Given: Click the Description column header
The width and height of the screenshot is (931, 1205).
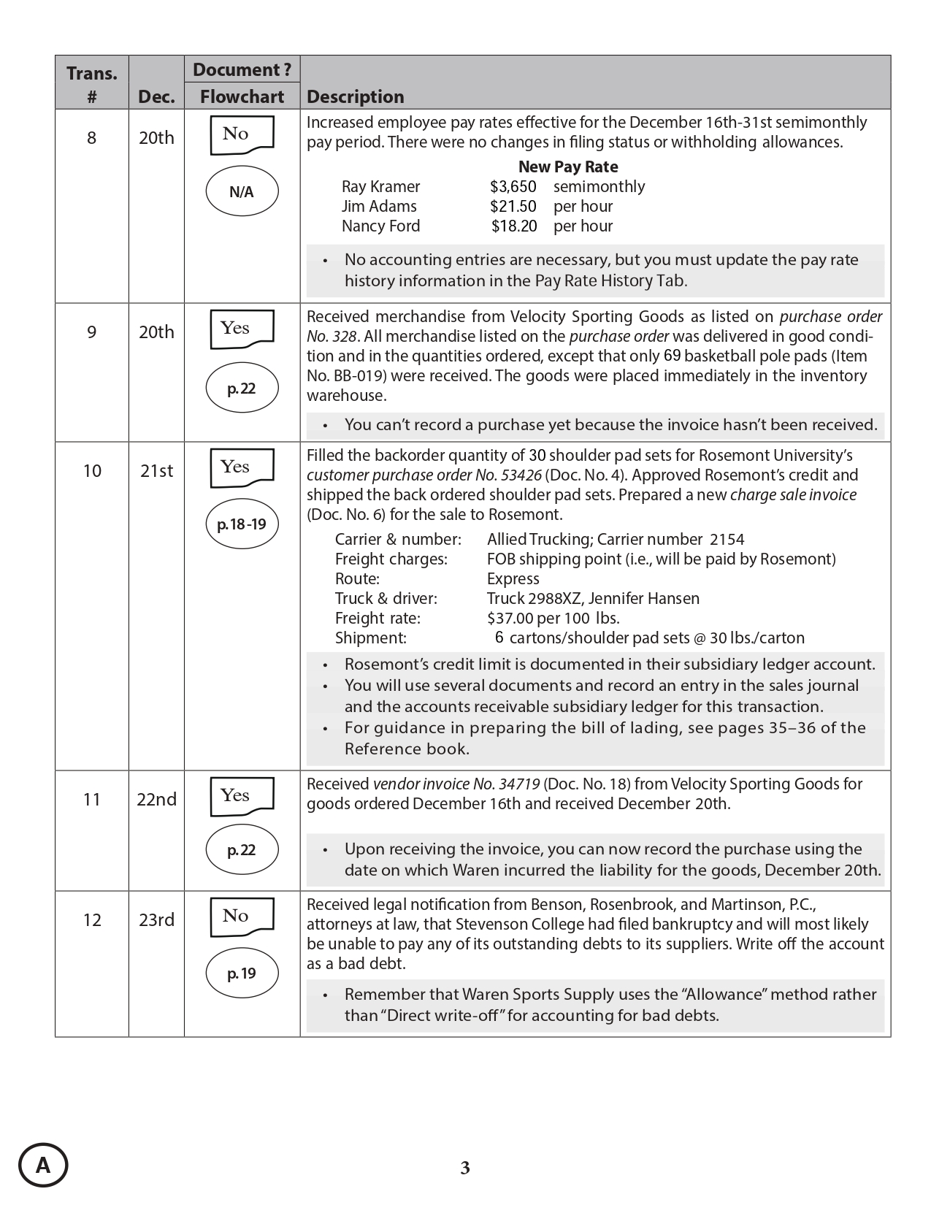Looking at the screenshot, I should point(355,96).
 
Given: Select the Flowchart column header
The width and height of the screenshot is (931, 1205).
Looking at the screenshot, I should point(242,96).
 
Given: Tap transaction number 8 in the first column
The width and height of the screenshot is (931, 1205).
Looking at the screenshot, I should point(91,137).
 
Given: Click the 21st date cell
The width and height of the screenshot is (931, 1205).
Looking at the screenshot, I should point(156,470).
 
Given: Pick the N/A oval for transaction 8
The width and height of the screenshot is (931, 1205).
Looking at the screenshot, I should point(242,192).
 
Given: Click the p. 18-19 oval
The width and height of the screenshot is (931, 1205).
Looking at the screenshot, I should point(242,524).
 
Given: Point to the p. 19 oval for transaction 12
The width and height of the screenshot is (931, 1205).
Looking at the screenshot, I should point(242,973).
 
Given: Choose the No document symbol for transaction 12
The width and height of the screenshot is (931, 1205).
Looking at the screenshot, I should point(242,917).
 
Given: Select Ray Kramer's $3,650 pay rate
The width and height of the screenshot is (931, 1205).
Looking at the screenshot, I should point(513,186).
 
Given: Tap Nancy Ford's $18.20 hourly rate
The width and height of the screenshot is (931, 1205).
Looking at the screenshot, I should point(513,226).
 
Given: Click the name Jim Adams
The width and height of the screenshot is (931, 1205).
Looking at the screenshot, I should point(379,206).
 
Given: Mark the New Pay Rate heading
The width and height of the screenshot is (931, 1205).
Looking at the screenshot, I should point(568,167).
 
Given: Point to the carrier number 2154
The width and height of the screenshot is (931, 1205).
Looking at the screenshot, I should point(727,539).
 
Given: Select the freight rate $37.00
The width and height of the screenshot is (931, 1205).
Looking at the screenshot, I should point(510,618).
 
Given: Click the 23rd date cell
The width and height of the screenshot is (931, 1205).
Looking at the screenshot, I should point(156,919).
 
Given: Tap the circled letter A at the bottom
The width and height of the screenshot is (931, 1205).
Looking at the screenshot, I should point(43,1165).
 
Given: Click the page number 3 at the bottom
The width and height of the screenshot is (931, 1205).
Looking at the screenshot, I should point(465,1168).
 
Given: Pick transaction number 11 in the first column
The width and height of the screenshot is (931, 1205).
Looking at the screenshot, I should point(91,799).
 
